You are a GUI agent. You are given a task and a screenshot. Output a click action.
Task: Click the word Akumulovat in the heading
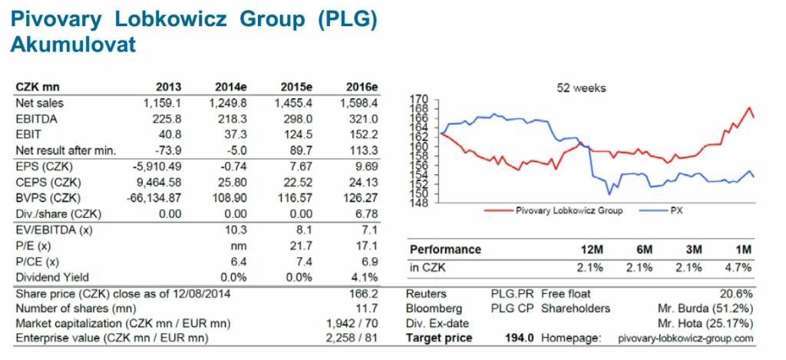click(73, 45)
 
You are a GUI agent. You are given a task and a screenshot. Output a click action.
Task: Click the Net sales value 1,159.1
click(158, 102)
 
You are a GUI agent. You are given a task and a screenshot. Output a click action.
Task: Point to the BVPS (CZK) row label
click(48, 198)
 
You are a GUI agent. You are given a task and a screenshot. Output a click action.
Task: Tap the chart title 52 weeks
click(581, 88)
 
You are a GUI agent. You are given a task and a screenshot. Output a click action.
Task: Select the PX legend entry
click(676, 210)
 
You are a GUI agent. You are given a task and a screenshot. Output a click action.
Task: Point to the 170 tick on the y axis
click(419, 100)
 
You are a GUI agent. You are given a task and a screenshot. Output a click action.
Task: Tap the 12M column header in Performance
click(595, 249)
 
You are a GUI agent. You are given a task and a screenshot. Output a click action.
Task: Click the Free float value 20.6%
click(738, 294)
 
